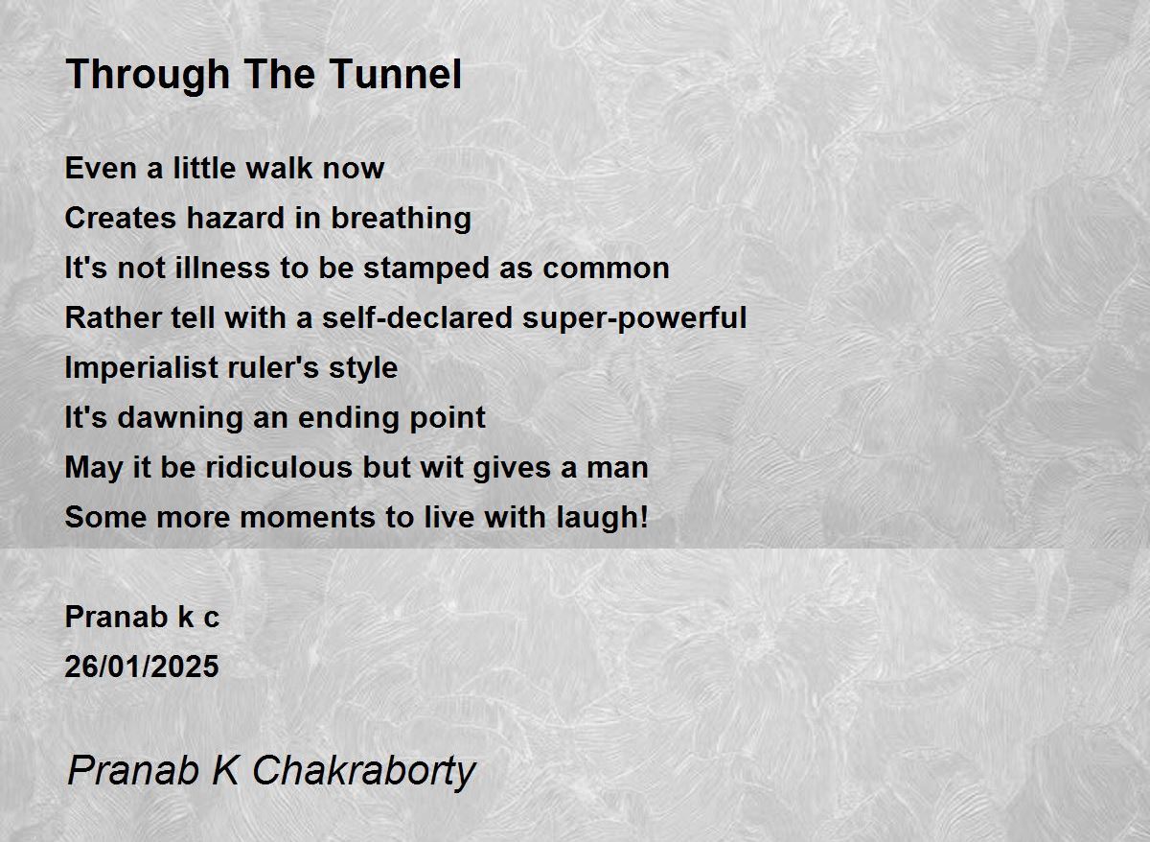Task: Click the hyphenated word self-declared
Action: pos(418,317)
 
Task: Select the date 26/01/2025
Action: pos(142,667)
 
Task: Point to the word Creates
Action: pos(121,218)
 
